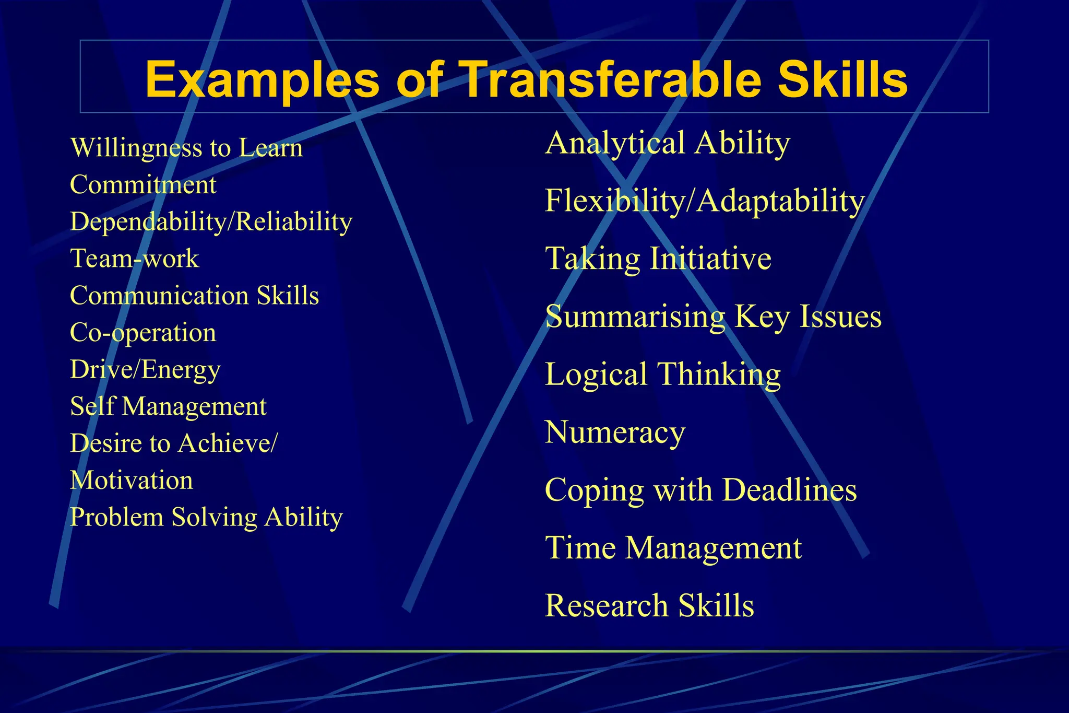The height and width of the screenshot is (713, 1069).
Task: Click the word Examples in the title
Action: point(262,80)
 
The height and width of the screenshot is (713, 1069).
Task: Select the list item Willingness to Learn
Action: point(186,148)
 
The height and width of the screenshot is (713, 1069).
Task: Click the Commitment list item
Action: point(143,185)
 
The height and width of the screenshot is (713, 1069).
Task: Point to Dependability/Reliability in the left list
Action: point(211,222)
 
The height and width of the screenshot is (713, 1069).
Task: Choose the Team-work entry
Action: point(135,259)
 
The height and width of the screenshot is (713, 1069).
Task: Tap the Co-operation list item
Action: point(143,333)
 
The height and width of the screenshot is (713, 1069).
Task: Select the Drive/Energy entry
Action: point(145,370)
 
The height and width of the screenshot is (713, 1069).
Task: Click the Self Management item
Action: point(168,407)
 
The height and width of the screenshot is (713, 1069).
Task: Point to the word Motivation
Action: point(132,481)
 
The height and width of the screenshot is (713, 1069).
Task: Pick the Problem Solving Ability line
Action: point(206,518)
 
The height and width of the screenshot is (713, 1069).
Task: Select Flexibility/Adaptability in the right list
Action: point(705,201)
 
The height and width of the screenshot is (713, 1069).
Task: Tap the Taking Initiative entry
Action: point(658,259)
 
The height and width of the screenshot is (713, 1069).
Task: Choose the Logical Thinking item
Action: point(663,375)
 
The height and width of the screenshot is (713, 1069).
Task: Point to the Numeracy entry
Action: point(615,433)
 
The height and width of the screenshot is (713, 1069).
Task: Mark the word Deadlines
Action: point(790,490)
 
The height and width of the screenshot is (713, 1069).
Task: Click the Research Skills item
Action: point(649,606)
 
